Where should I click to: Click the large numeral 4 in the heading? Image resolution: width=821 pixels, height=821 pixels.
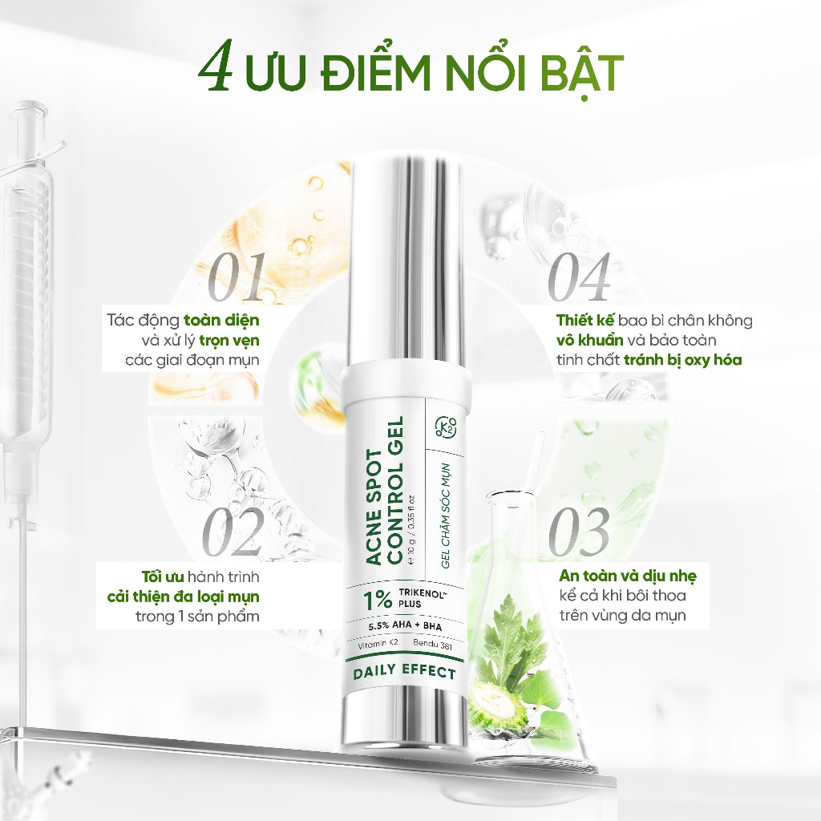[216, 71]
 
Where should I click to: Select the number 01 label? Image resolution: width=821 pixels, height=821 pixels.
[237, 276]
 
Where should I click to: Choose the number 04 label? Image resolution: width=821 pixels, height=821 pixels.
[579, 276]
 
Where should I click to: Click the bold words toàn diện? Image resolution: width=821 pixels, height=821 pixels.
[221, 321]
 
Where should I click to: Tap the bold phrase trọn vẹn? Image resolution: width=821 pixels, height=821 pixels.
[229, 341]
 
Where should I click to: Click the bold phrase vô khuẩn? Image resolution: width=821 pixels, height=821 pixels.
[589, 340]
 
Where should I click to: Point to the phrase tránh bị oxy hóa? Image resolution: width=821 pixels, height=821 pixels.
[683, 360]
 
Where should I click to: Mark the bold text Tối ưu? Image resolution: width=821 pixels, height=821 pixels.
[163, 576]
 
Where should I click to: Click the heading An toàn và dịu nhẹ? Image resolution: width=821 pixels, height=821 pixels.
[628, 576]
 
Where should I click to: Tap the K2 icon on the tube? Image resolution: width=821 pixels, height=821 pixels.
[445, 428]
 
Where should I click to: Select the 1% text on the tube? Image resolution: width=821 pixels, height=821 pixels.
[378, 600]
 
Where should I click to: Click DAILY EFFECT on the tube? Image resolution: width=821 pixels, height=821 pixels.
[405, 673]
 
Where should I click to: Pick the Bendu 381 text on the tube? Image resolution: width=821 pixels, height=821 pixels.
[432, 645]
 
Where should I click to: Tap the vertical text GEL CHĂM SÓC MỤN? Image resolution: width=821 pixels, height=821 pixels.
[445, 516]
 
